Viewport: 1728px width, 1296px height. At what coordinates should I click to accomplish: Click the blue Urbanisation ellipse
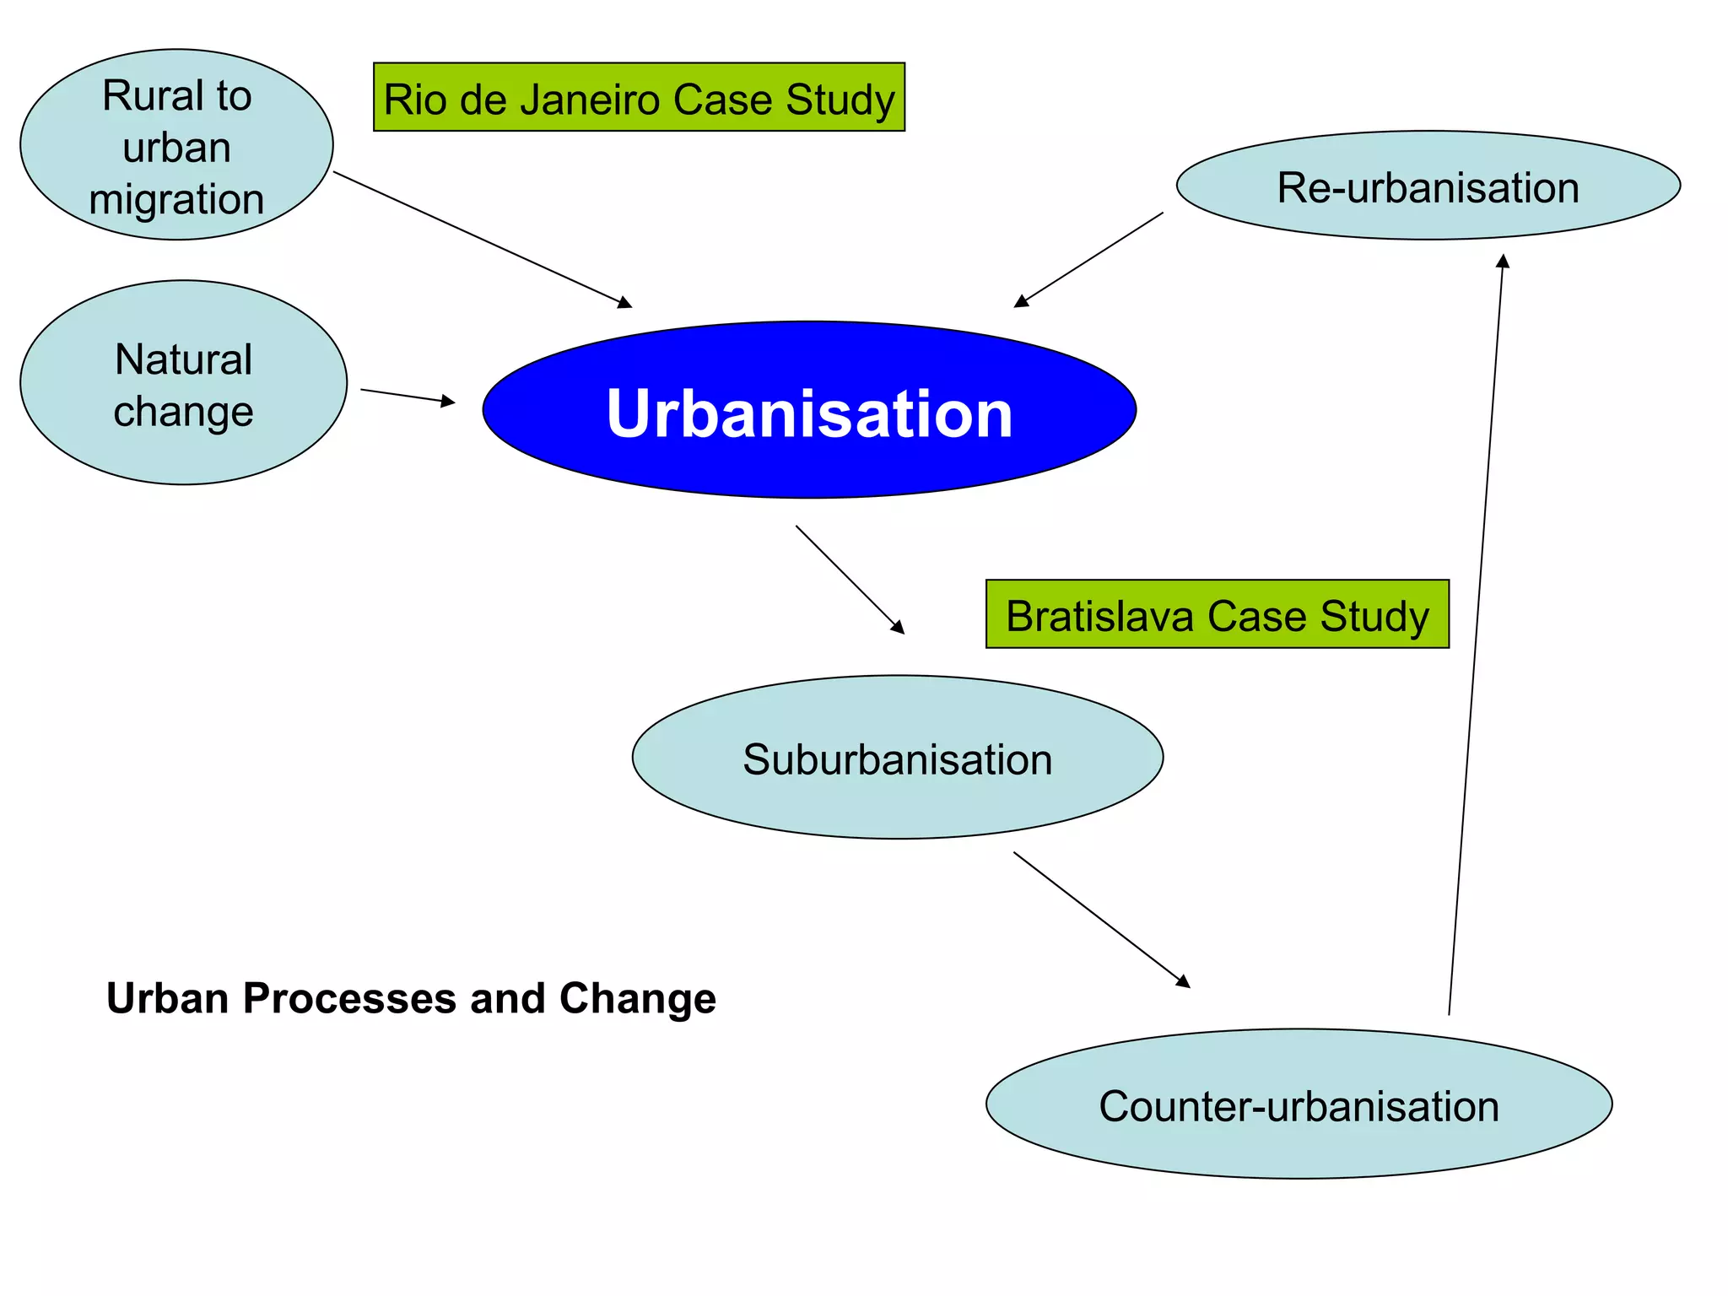[x=808, y=410]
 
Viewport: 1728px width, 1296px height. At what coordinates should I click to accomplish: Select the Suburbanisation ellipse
[x=897, y=757]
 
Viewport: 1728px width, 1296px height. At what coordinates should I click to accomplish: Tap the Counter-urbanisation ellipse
[x=1299, y=1104]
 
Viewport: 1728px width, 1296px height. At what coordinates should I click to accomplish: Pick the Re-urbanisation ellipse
[x=1428, y=186]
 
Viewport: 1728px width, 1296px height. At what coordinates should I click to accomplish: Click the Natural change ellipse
[x=183, y=382]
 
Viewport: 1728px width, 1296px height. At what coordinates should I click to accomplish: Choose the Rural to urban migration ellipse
[x=176, y=144]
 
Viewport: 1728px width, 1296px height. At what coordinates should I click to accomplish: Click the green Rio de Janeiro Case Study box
[x=639, y=97]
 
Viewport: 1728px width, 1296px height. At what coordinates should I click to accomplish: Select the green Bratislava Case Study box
[x=1217, y=614]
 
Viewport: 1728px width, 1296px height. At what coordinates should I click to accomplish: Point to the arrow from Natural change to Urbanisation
[x=408, y=397]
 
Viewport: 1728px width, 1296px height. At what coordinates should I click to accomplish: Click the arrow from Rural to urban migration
[x=483, y=240]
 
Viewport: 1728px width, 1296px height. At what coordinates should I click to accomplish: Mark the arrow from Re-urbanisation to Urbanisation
[x=1088, y=260]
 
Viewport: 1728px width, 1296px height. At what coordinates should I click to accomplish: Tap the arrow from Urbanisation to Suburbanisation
[x=850, y=580]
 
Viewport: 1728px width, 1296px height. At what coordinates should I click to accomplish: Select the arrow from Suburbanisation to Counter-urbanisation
[x=1101, y=919]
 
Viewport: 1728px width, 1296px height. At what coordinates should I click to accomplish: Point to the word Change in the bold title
[x=637, y=998]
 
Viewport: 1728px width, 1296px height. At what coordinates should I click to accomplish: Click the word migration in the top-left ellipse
[x=176, y=200]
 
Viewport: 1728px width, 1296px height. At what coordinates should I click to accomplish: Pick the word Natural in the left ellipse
[x=183, y=359]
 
